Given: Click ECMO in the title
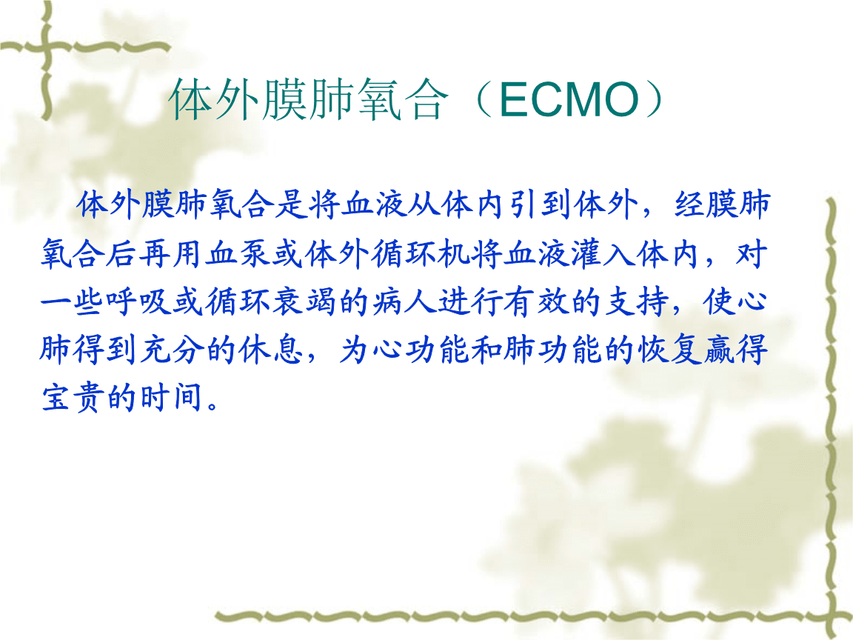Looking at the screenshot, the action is (x=569, y=99).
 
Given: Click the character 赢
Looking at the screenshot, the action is (x=720, y=350).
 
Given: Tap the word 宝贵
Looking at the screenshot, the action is (x=73, y=397).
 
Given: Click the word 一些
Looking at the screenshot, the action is (x=73, y=301).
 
